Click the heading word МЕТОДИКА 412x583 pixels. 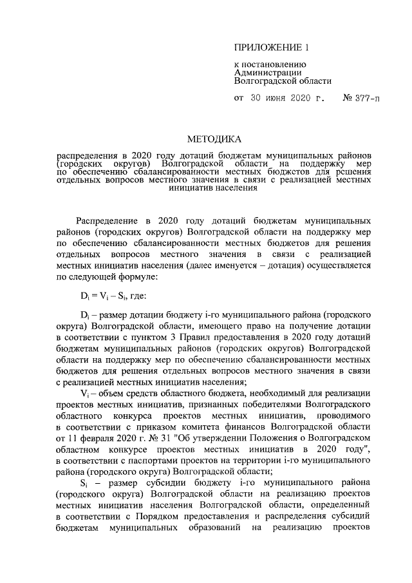[x=214, y=139]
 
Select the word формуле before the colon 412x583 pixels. [x=127, y=278]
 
